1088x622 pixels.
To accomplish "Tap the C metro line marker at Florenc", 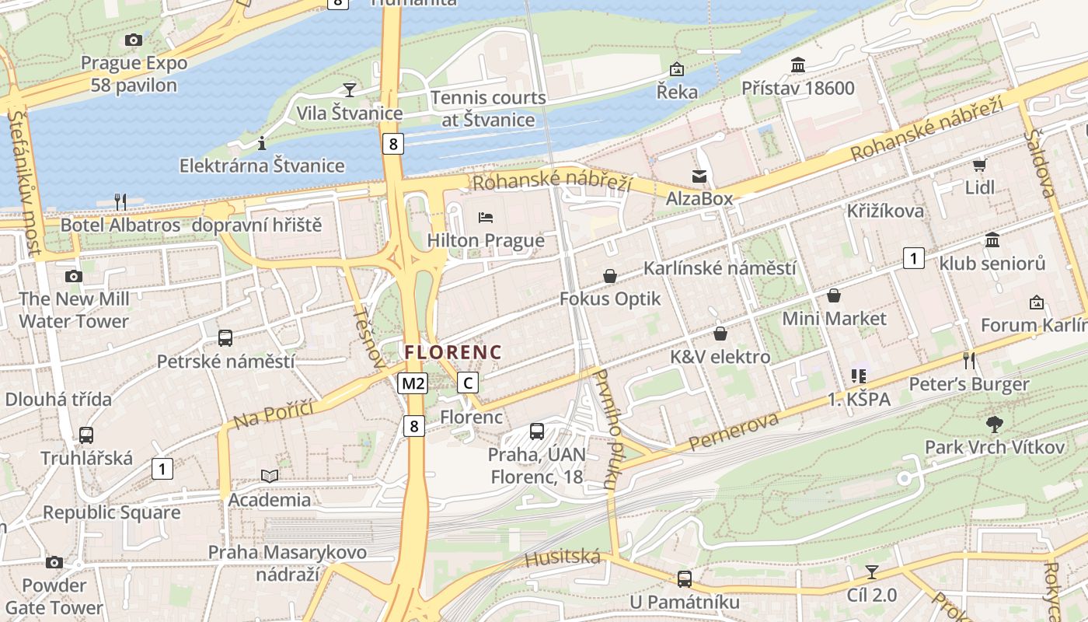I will [x=467, y=383].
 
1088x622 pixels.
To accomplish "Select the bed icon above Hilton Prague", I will [x=486, y=218].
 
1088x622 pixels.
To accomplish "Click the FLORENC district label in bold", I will [x=453, y=352].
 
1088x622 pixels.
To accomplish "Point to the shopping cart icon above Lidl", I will [x=979, y=165].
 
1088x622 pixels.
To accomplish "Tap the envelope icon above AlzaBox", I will [x=699, y=176].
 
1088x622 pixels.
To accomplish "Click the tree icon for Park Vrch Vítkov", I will [x=994, y=425].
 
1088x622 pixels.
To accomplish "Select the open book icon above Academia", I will [x=270, y=476].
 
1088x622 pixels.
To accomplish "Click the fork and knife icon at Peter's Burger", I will [x=968, y=360].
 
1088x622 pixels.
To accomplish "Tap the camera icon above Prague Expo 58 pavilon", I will [x=134, y=40].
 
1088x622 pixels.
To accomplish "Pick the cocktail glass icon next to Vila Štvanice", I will [x=350, y=90].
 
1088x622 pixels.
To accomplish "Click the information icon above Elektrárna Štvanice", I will [x=262, y=143].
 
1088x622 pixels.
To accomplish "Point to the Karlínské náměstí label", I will [x=720, y=268].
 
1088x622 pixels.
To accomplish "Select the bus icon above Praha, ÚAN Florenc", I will [x=536, y=431].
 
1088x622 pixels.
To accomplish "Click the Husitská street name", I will [x=563, y=557].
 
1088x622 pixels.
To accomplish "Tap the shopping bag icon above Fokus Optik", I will [x=610, y=276].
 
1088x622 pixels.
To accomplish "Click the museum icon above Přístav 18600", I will [x=798, y=65].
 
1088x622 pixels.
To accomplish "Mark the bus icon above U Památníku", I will [x=684, y=578].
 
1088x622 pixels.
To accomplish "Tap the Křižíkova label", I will [x=885, y=211].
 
